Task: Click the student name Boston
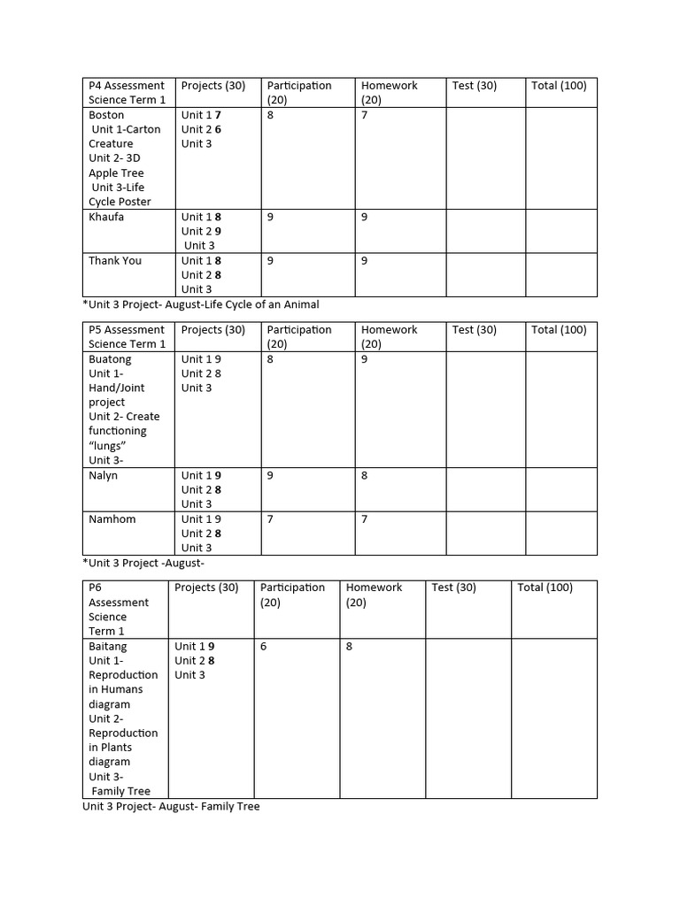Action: pos(106,115)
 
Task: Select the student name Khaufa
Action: pos(106,217)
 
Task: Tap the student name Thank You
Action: pos(115,260)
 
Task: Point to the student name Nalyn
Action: pos(104,475)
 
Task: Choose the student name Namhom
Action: pos(112,518)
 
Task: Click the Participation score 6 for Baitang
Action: pos(264,647)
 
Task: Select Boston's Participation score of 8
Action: pos(270,115)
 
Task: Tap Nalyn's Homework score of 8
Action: pos(365,475)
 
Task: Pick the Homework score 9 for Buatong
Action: pos(365,359)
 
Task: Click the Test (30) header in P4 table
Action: pos(475,86)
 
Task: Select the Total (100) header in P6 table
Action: pos(545,587)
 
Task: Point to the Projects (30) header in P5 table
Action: pos(213,330)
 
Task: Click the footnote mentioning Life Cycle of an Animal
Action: pos(200,304)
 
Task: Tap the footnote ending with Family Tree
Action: pos(171,807)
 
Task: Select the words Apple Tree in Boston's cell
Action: pos(116,173)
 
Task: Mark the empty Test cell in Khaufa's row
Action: pos(484,231)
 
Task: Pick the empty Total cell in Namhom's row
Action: pos(561,533)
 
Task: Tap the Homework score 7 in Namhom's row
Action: pos(365,518)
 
